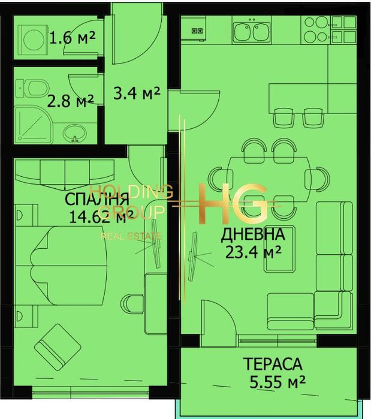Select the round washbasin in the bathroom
tap(74, 131)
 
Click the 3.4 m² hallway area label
tap(137, 93)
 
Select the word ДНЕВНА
tap(248, 234)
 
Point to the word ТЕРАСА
tap(272, 363)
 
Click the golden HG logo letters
tap(233, 204)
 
